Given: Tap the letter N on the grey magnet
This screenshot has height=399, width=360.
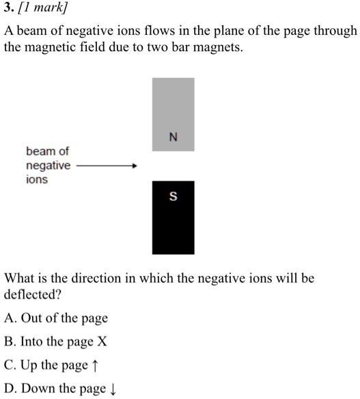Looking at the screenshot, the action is click(173, 135).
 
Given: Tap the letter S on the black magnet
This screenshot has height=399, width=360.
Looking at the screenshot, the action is click(173, 197).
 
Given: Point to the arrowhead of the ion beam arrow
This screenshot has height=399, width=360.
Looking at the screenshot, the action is click(135, 165).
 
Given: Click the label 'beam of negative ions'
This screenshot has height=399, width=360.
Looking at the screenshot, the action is click(48, 165).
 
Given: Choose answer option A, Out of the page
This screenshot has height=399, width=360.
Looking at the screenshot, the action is click(56, 318).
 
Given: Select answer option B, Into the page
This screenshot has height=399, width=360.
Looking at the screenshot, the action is click(56, 342).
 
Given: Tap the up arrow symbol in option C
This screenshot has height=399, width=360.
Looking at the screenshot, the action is click(94, 366).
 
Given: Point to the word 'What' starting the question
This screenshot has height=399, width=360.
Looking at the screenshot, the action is click(19, 279).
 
